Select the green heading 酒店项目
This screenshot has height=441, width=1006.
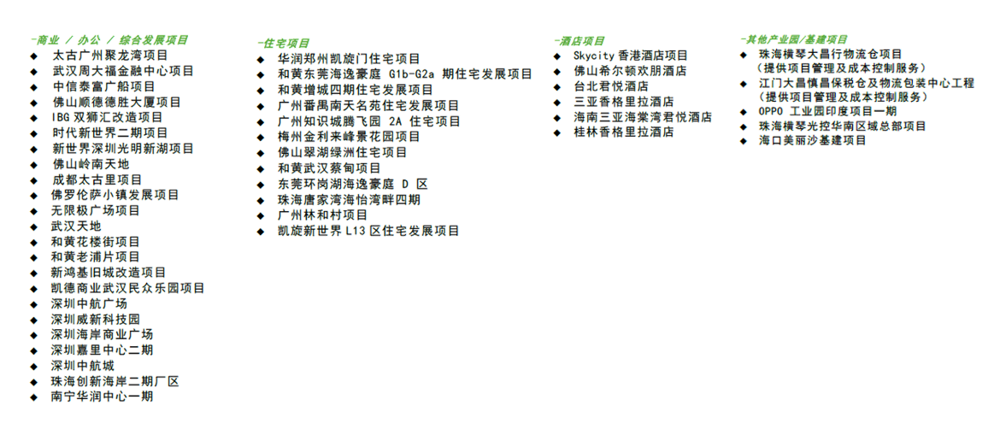coord(581,40)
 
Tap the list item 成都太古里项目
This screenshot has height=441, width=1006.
coord(97,179)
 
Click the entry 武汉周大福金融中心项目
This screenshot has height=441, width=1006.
coord(115,71)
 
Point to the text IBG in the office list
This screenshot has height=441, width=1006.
coord(61,117)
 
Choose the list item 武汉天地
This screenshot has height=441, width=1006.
coord(76,226)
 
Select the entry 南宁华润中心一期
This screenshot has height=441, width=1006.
coord(103,397)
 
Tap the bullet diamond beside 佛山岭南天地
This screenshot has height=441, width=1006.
coord(33,164)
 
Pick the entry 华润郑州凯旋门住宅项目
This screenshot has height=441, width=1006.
coord(349,59)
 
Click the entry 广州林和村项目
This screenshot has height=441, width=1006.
coord(322,215)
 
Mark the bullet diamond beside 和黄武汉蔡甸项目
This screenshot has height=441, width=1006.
coord(260,168)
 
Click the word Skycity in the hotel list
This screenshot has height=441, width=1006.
coord(594,56)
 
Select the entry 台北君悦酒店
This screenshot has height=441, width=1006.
coord(610,86)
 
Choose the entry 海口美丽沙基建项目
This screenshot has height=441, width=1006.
coord(812,140)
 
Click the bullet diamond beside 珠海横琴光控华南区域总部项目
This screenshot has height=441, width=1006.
coord(743,126)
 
